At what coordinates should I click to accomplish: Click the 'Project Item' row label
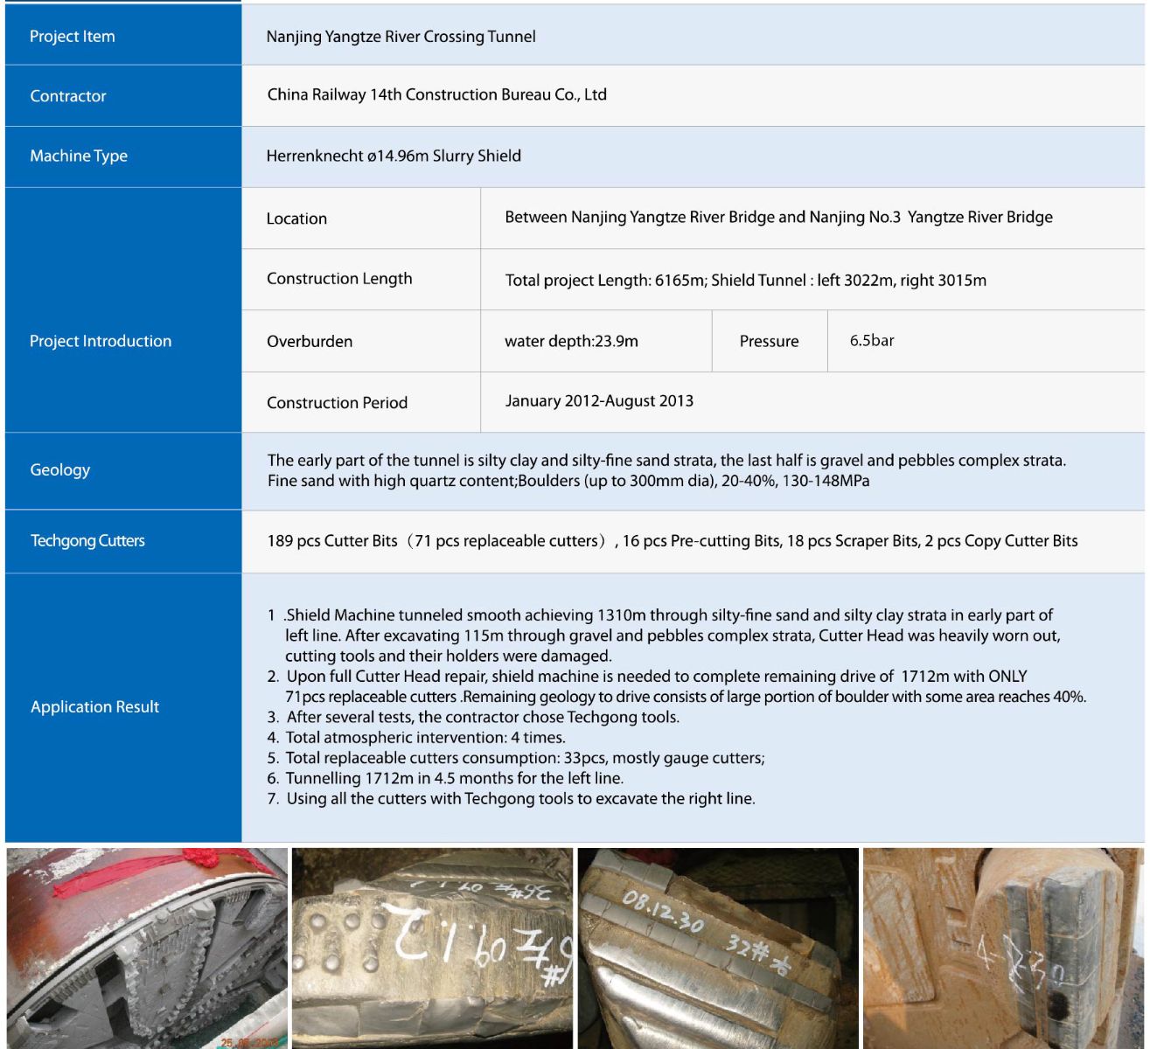(72, 37)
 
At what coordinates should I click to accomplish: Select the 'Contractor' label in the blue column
(67, 96)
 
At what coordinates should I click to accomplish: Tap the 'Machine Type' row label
(78, 156)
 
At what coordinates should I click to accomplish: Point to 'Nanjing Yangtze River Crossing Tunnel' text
(401, 37)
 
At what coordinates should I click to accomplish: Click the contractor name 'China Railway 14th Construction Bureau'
(436, 95)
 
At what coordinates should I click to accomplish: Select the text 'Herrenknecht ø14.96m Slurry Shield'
(394, 156)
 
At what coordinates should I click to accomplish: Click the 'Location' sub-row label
(296, 219)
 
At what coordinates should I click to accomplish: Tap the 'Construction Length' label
(339, 279)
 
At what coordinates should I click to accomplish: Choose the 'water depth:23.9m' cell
(571, 341)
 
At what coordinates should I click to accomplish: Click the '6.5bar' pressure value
(872, 341)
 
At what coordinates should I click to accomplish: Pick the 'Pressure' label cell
(769, 341)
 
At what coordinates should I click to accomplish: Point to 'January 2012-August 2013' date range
(599, 401)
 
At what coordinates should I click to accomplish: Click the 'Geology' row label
(59, 470)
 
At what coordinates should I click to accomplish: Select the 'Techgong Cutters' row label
(87, 541)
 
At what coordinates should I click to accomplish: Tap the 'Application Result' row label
(94, 707)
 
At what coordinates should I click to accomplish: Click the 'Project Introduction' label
(101, 341)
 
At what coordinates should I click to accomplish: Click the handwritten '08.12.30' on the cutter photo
(662, 911)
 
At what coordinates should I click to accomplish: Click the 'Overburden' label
(310, 341)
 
